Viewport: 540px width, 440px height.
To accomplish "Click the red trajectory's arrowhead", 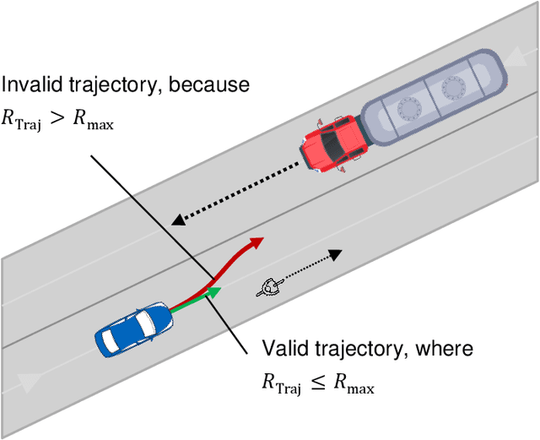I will [x=257, y=242].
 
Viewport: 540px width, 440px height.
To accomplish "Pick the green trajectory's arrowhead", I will [x=214, y=292].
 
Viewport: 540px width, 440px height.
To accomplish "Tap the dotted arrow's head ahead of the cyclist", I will [x=335, y=253].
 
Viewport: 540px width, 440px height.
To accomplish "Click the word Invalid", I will [x=27, y=85].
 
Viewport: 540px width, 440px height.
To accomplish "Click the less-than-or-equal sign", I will [x=315, y=384].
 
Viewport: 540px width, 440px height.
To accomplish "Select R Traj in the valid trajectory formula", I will [x=279, y=385].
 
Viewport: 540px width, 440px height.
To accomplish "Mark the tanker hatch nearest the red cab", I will [x=410, y=108].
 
